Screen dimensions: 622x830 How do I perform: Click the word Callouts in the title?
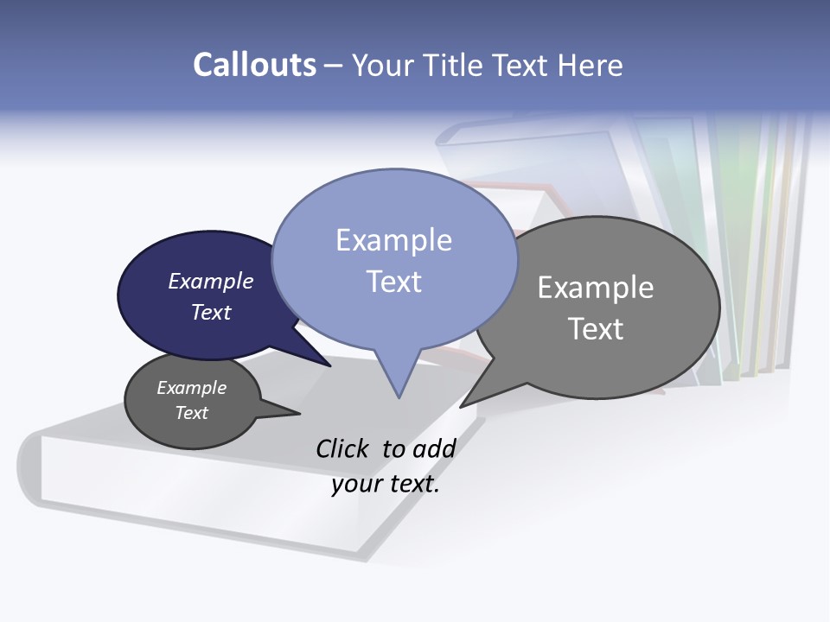pos(254,65)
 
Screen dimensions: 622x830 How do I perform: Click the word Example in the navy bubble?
pos(211,282)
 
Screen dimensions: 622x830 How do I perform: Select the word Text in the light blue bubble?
pos(394,282)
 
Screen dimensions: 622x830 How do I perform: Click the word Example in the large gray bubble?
pos(596,288)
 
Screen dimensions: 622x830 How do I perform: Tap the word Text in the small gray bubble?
pos(192,413)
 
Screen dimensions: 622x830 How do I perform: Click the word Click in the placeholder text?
pos(343,448)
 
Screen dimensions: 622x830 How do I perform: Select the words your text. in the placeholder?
pos(386,484)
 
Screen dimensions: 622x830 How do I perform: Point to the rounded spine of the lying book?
pos(31,466)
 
